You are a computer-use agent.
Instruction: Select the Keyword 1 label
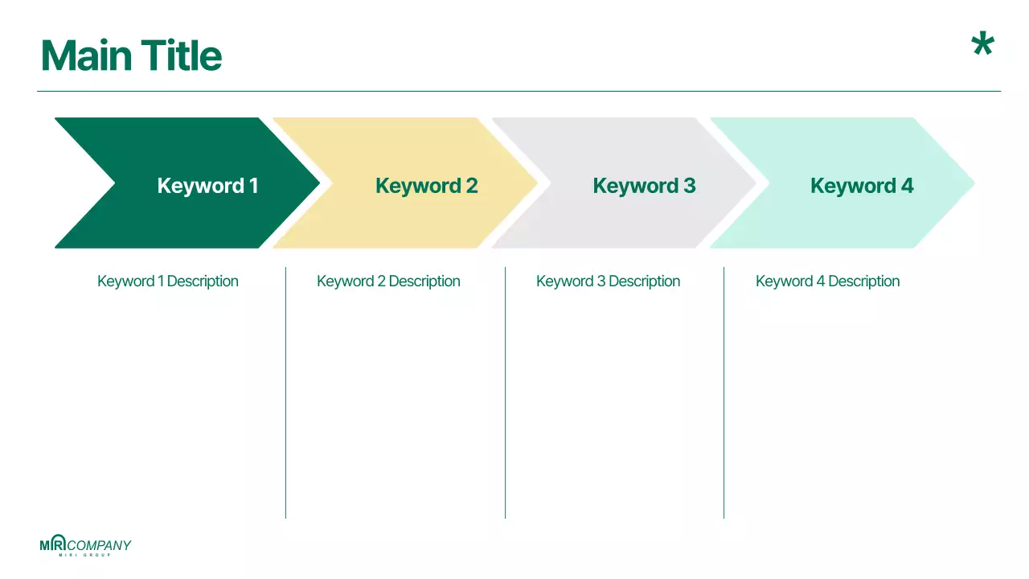coord(207,186)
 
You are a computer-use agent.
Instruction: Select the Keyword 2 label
coord(426,186)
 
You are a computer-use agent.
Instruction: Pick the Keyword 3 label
coord(644,186)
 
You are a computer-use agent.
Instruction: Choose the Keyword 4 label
coord(862,186)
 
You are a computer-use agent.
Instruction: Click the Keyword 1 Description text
coord(168,281)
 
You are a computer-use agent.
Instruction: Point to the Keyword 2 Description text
coord(388,281)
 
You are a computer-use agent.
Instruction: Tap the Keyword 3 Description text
coord(608,281)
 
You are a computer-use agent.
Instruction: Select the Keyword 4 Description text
coord(827,281)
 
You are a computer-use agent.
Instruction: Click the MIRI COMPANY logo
coord(85,546)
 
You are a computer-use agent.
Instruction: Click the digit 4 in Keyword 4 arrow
coord(907,186)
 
